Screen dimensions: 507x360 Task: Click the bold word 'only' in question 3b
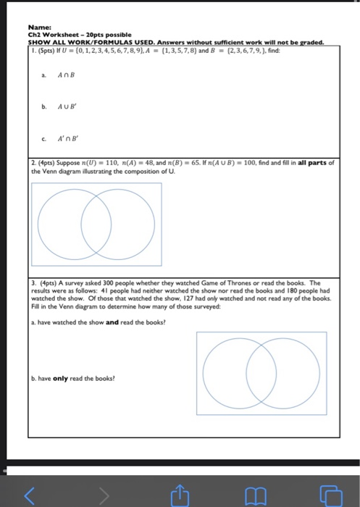59,377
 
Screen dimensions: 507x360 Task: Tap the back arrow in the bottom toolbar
30,495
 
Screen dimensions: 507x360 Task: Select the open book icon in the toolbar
255,495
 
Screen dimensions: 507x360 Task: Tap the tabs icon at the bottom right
331,495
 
